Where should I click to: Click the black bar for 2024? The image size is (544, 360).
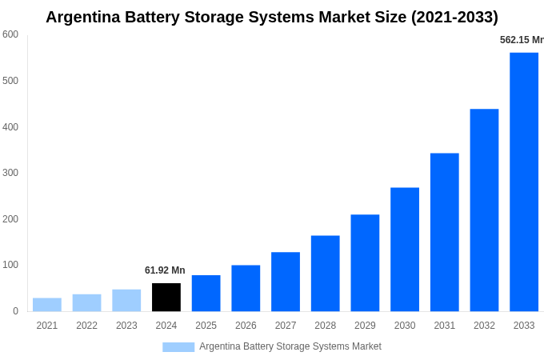pyautogui.click(x=166, y=297)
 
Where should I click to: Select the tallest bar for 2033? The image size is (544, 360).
pyautogui.click(x=524, y=182)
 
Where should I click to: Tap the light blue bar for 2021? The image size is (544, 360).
pyautogui.click(x=47, y=305)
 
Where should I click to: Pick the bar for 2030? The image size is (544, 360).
pyautogui.click(x=405, y=250)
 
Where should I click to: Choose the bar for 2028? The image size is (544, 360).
pyautogui.click(x=326, y=274)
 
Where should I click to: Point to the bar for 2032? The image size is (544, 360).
pyautogui.click(x=484, y=210)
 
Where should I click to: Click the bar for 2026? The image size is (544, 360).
pyautogui.click(x=246, y=288)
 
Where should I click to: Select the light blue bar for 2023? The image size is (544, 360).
pyautogui.click(x=126, y=300)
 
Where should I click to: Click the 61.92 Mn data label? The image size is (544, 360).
pyautogui.click(x=165, y=270)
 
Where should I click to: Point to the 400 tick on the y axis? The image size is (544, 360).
pyautogui.click(x=10, y=126)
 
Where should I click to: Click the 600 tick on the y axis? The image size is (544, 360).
pyautogui.click(x=10, y=34)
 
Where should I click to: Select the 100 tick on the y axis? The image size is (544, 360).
pyautogui.click(x=10, y=265)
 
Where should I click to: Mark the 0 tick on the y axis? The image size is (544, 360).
pyautogui.click(x=15, y=311)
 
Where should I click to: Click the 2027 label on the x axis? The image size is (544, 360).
pyautogui.click(x=286, y=326)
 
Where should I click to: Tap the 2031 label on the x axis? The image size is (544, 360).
pyautogui.click(x=445, y=326)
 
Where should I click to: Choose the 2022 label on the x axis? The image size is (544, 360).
pyautogui.click(x=86, y=326)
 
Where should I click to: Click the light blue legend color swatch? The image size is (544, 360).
pyautogui.click(x=178, y=346)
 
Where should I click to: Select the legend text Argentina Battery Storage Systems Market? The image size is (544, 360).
pyautogui.click(x=290, y=346)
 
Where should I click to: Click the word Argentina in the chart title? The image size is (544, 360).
pyautogui.click(x=83, y=17)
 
